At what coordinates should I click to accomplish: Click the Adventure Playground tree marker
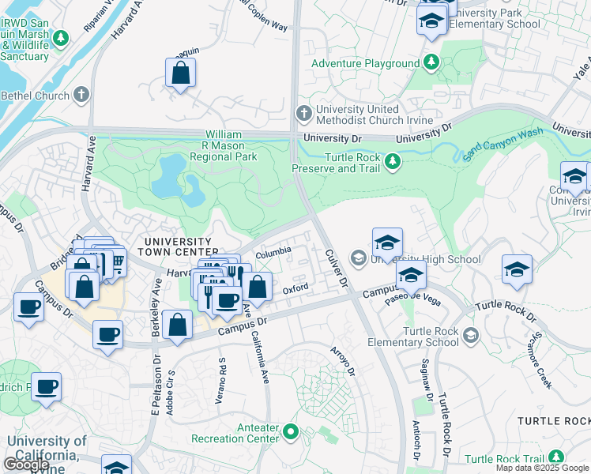pyautogui.click(x=431, y=62)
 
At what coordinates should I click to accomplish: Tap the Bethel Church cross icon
pyautogui.click(x=81, y=96)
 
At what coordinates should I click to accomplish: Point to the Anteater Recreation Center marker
pyautogui.click(x=291, y=432)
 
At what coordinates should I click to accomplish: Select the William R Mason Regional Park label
pyautogui.click(x=231, y=146)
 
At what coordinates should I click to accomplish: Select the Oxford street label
pyautogui.click(x=295, y=290)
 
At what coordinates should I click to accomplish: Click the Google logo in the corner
pyautogui.click(x=26, y=464)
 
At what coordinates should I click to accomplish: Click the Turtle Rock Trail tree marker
pyautogui.click(x=556, y=457)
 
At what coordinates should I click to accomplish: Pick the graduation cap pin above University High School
pyautogui.click(x=388, y=242)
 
